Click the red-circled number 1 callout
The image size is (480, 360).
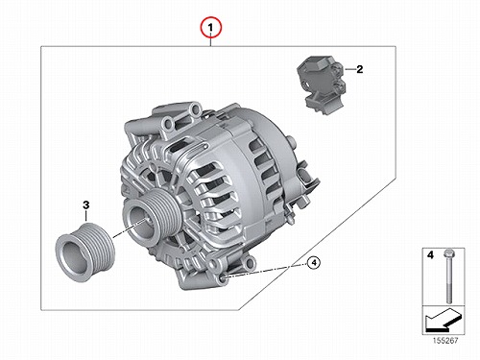(210, 28)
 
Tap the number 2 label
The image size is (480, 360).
(360, 69)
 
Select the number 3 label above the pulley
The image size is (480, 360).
(85, 204)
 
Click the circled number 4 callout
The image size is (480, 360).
(314, 263)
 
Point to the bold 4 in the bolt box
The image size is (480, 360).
(430, 255)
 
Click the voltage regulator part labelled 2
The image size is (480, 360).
(322, 84)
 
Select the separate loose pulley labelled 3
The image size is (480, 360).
(84, 252)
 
